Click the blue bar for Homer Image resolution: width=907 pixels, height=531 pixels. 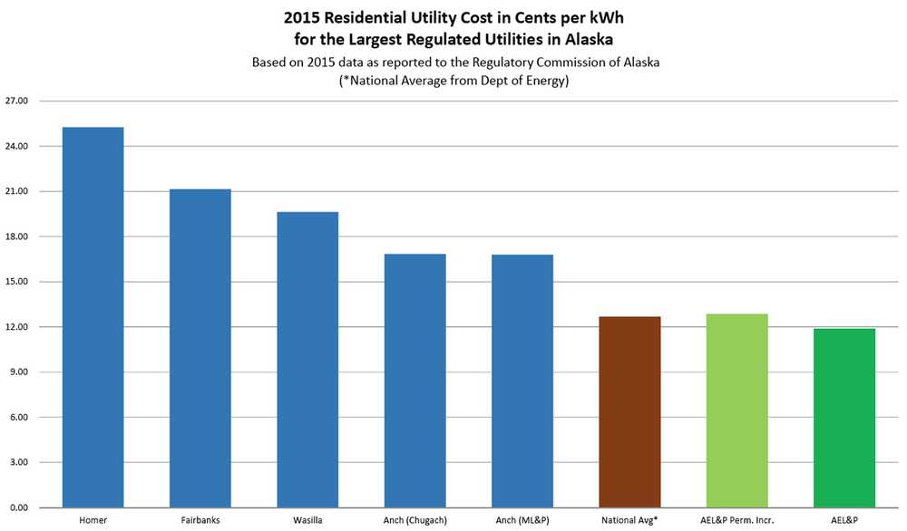coord(93,317)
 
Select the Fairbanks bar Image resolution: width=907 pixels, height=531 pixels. coord(200,348)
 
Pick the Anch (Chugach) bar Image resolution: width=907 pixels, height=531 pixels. coord(414,381)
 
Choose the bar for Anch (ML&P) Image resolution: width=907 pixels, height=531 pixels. coord(522,381)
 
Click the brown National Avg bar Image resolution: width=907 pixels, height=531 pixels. coord(629,412)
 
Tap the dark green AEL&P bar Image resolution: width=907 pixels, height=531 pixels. coord(844,418)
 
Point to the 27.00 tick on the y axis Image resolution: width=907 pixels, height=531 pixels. coord(16,101)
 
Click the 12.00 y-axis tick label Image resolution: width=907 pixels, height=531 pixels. coord(16,327)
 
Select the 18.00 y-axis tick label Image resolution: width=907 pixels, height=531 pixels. coord(16,237)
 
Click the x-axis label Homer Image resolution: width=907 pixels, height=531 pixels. coord(93,521)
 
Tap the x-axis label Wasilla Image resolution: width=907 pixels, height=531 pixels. coord(307,521)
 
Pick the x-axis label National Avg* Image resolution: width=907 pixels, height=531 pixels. coord(629,521)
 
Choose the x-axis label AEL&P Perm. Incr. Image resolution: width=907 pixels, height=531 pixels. coord(737,521)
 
